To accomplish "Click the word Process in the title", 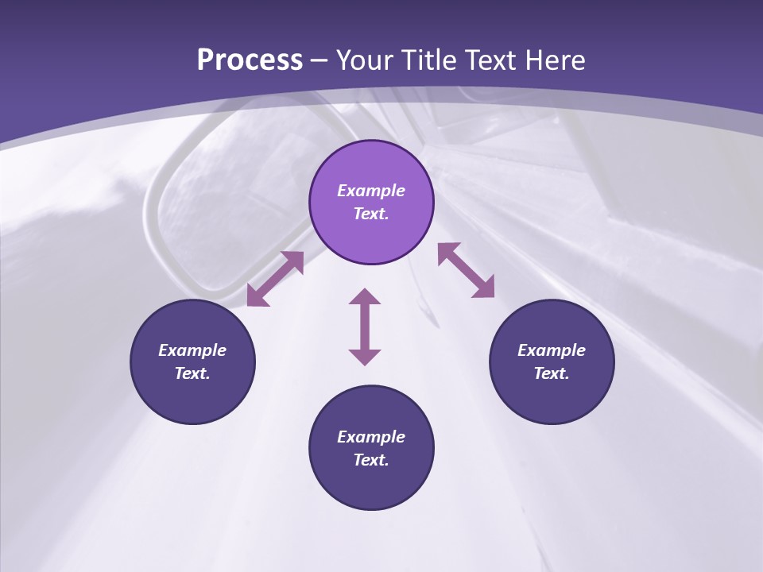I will click(250, 60).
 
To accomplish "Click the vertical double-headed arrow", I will click(365, 327).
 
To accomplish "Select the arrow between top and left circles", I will click(276, 279).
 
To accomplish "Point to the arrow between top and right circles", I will click(467, 270).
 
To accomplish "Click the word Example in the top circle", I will click(371, 191).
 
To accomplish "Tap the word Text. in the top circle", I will click(371, 214).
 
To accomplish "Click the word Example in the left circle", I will click(192, 350).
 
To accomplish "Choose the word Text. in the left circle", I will click(192, 373).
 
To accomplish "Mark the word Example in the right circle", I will click(552, 350).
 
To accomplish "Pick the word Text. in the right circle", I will click(552, 373).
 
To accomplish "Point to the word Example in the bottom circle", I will click(371, 437).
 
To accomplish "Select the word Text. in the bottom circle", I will click(371, 460).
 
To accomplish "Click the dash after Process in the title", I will click(320, 61).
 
